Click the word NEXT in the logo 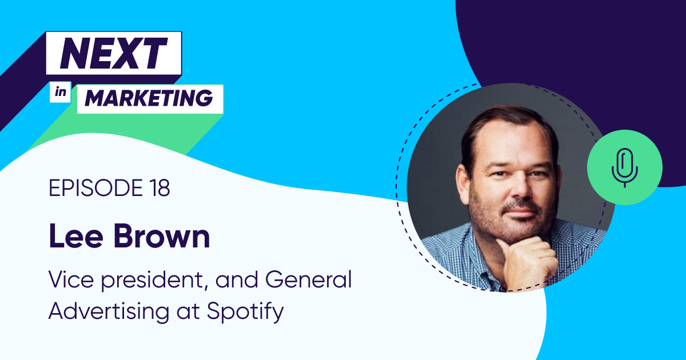[x=113, y=53]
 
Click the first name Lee [x=75, y=237]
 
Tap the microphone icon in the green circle [x=624, y=167]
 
